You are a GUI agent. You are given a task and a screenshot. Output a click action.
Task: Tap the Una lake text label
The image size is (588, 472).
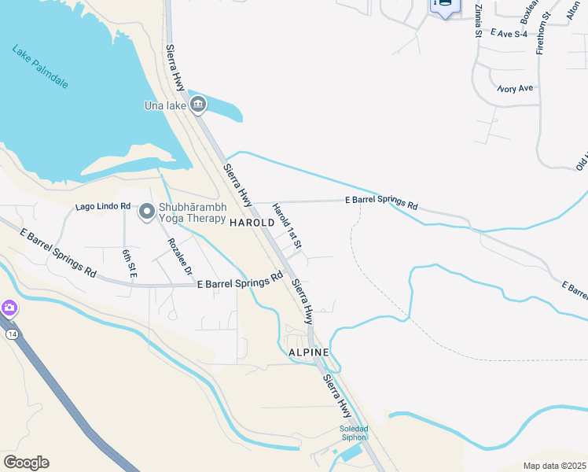pyautogui.click(x=164, y=105)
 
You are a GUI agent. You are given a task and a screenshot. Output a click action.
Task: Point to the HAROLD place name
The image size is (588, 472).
pyautogui.click(x=252, y=223)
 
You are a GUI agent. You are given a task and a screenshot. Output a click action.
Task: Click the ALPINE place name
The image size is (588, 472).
pyautogui.click(x=308, y=352)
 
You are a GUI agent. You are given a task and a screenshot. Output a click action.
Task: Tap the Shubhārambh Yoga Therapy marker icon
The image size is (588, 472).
pyautogui.click(x=147, y=211)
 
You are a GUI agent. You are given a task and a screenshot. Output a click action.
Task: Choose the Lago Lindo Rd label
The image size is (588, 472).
pyautogui.click(x=102, y=207)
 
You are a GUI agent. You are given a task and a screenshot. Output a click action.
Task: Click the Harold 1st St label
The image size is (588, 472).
pyautogui.click(x=287, y=227)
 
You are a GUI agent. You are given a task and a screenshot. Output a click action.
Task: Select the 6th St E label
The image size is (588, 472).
pyautogui.click(x=129, y=262)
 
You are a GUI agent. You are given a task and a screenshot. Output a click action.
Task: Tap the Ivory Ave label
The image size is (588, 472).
pyautogui.click(x=515, y=89)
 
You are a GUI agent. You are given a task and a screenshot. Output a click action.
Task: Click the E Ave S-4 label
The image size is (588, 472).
pyautogui.click(x=511, y=33)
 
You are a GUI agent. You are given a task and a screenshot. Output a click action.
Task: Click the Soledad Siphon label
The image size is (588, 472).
pyautogui.click(x=353, y=433)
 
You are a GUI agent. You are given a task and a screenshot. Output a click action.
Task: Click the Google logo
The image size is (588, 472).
pyautogui.click(x=26, y=462)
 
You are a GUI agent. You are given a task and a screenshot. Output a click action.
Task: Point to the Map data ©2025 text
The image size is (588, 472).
pyautogui.click(x=554, y=466)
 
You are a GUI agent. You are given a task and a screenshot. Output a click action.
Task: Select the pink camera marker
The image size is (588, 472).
pyautogui.click(x=9, y=307)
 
